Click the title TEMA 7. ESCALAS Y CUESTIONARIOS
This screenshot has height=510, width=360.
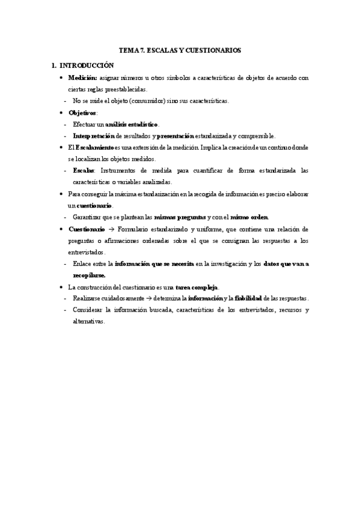point(181,51)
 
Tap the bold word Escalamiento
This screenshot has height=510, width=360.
point(94,147)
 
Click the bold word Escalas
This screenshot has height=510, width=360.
point(84,170)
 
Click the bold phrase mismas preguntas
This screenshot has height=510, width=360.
point(180,217)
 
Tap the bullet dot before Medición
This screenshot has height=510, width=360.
point(61,78)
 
